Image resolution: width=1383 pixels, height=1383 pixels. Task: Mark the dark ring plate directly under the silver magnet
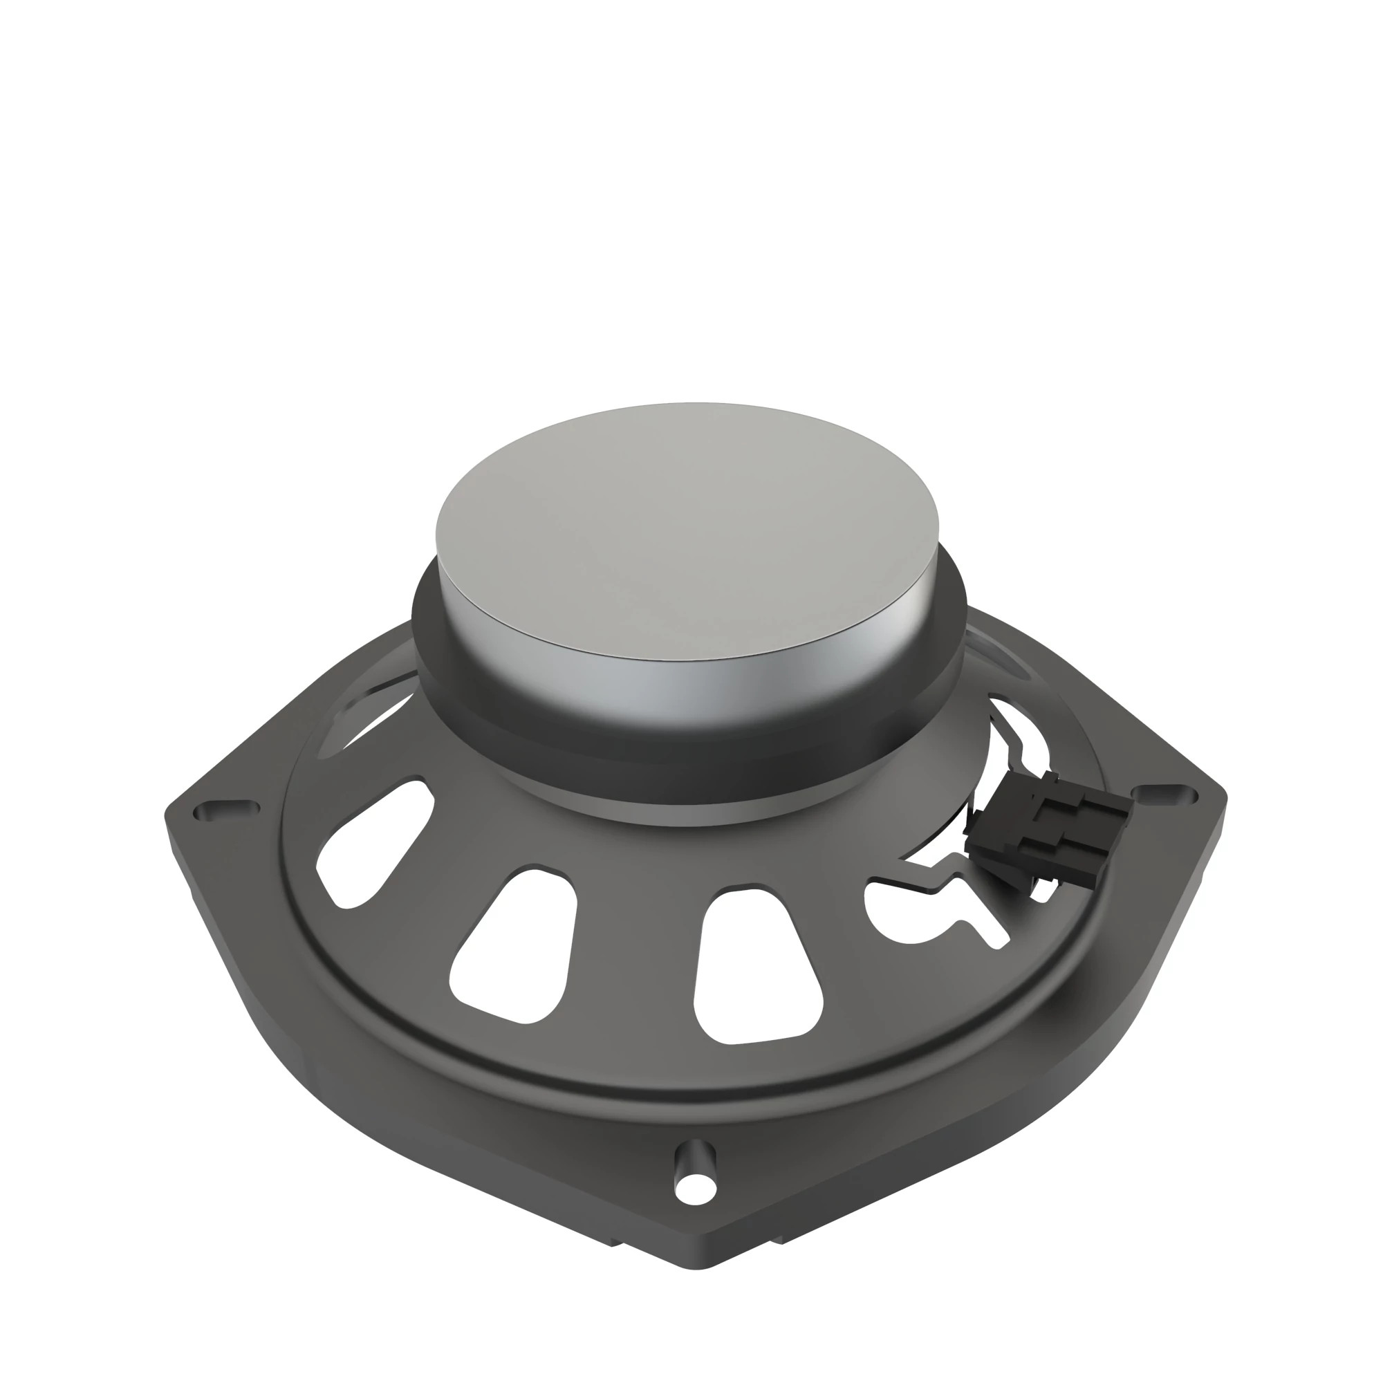(687, 759)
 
